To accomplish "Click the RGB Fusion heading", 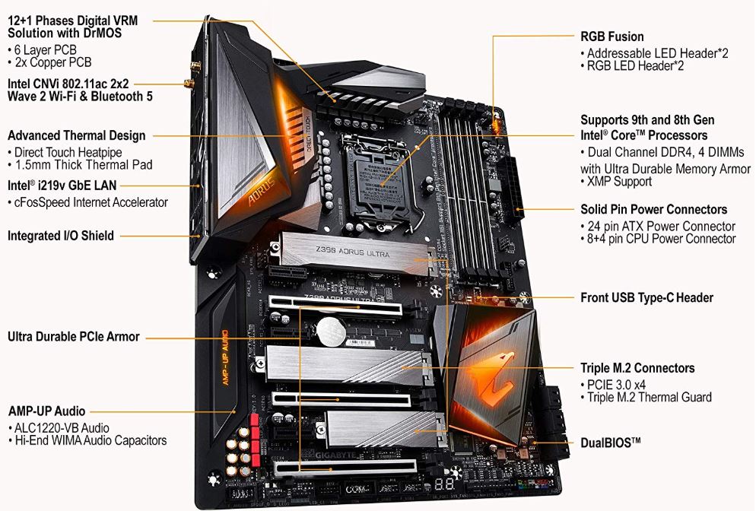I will pos(611,36).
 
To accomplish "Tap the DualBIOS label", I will pos(611,442).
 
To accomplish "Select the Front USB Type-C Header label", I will pos(646,297).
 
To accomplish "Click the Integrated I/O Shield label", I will pos(61,236).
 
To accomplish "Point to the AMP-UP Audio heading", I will pos(46,411).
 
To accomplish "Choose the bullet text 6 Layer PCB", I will pos(46,49).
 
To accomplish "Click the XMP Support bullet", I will pos(618,182).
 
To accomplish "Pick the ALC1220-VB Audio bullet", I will pos(61,428).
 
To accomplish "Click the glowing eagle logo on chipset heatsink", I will pos(487,374).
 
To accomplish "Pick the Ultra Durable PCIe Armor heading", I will pos(74,336).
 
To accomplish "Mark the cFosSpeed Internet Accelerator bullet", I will pos(87,202).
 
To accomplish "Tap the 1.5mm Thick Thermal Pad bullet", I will pos(83,164).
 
